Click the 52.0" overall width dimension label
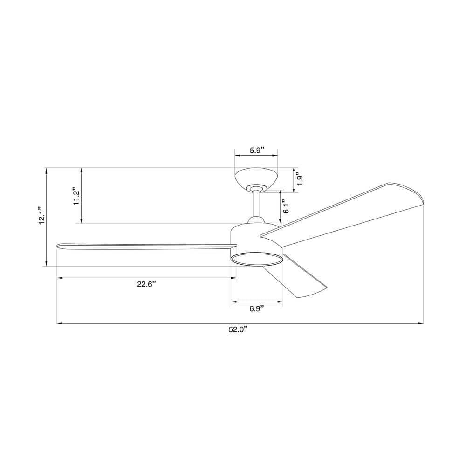(x=238, y=330)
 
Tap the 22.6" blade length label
(x=146, y=285)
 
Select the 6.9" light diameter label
(x=257, y=308)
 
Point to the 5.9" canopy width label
(x=256, y=150)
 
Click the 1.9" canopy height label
(x=300, y=180)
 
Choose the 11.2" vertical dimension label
(x=76, y=196)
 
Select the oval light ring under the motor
(x=257, y=260)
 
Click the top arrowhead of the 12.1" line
(x=46, y=171)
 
